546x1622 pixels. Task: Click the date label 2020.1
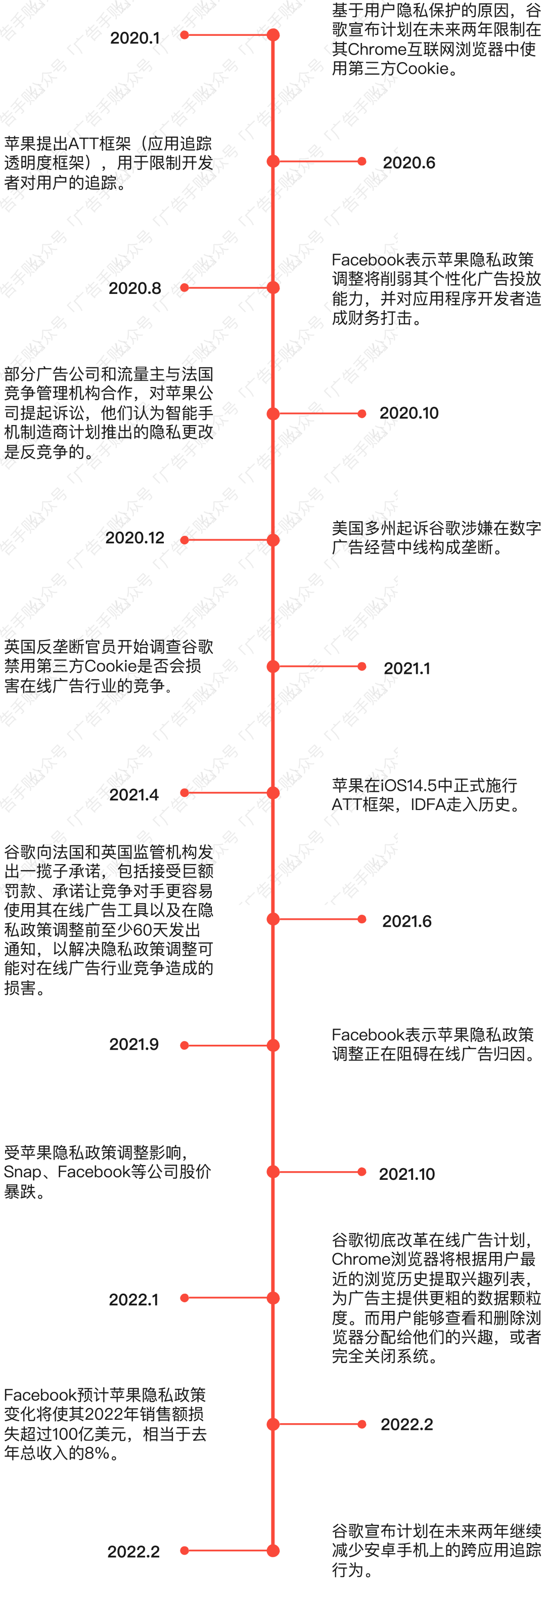pos(134,38)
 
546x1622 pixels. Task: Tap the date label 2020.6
pos(409,163)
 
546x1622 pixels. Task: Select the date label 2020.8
pos(134,288)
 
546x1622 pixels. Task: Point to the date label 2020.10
pos(409,413)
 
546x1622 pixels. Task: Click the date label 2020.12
pos(134,538)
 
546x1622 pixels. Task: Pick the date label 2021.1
pos(407,668)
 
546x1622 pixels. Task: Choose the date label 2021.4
pos(134,795)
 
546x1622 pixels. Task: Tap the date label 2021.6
pos(407,921)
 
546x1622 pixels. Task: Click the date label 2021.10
pos(407,1174)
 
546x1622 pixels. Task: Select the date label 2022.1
pos(134,1300)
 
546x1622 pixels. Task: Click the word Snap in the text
pos(21,1172)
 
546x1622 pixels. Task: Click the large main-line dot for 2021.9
pos(273,1045)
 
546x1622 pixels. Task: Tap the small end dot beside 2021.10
pos(361,1172)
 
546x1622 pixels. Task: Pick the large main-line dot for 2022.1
pos(273,1298)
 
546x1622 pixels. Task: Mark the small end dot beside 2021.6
pos(361,919)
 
